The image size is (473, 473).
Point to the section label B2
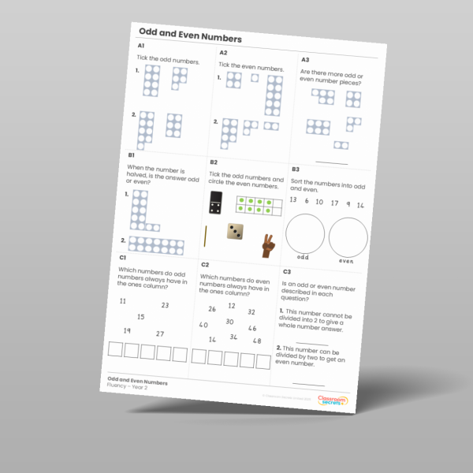[x=213, y=162]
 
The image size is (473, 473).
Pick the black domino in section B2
[x=214, y=203]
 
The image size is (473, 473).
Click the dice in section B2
[x=235, y=232]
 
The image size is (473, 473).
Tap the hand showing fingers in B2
[x=267, y=246]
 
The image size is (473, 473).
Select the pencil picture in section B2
[x=205, y=236]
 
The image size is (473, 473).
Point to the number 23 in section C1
[x=164, y=306]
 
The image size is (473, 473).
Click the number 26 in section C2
[x=212, y=309]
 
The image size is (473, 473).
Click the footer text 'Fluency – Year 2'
[x=128, y=387]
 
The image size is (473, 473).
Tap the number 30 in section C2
[x=229, y=322]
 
